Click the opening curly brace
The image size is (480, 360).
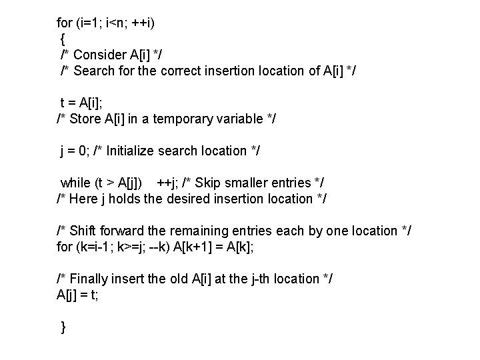pos(63,39)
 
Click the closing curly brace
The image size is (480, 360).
pos(63,327)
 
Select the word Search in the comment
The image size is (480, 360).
pos(95,71)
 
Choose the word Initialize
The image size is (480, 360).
pos(131,151)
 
